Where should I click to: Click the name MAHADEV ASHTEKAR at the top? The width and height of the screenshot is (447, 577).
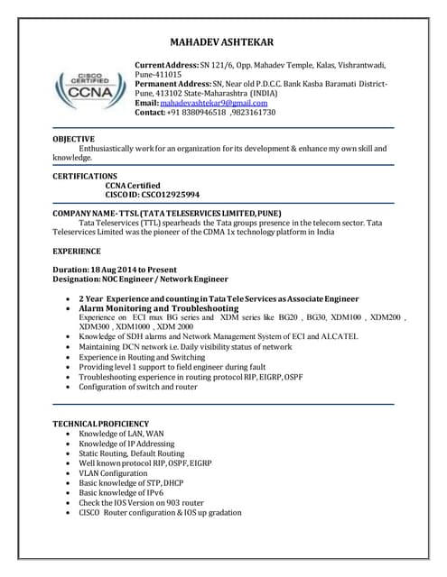point(221,42)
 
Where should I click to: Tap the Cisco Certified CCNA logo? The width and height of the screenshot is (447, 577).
point(88,90)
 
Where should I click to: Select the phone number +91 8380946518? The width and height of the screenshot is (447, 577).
point(197,114)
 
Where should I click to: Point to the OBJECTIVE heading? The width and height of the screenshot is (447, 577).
point(73,138)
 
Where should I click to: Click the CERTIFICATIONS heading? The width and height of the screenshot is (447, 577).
point(85,175)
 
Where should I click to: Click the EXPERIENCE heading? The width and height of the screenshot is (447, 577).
point(77,250)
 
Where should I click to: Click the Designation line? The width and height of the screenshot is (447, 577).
point(141,279)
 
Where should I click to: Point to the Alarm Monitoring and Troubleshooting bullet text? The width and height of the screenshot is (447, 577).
point(159,308)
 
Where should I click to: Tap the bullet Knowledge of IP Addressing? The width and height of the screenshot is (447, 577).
point(124,444)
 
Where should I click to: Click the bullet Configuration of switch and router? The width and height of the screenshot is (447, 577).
point(137,387)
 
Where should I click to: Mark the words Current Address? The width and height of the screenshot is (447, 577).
point(165,66)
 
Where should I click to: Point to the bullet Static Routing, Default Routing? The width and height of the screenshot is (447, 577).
point(132,453)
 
